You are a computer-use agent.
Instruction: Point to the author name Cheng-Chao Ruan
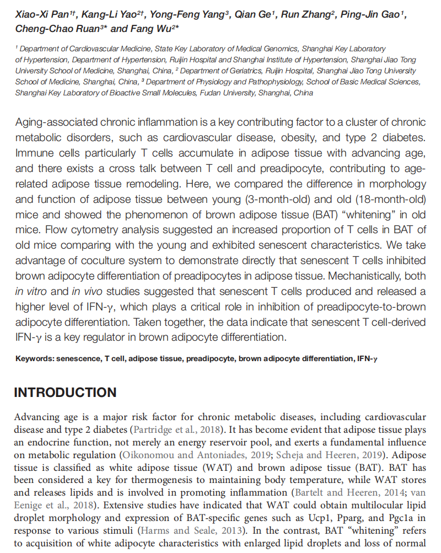[x=49, y=28]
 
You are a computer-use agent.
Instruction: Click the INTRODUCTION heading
[x=65, y=393]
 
